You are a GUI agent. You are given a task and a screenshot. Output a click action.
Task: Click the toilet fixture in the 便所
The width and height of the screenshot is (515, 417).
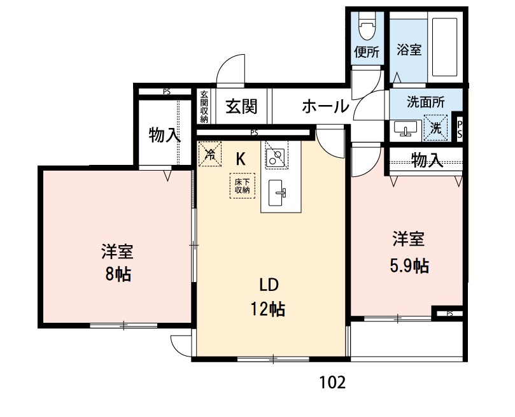pos(367,29)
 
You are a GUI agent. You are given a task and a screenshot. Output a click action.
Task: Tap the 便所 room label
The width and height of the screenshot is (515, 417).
pos(367,53)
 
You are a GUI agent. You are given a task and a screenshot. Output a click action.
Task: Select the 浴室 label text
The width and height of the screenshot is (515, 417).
pos(409,49)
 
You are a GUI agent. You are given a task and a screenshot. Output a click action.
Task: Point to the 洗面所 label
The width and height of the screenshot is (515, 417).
pos(425,101)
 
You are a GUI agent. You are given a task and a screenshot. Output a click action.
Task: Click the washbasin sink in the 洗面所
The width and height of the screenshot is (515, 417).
pos(405,129)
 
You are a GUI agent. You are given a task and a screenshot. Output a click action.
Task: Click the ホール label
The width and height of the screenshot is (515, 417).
pos(325,106)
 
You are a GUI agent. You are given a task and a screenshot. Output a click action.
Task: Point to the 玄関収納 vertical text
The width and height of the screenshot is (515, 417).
pos(204,106)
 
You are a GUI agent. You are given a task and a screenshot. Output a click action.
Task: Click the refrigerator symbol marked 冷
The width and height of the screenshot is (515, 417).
pos(209,153)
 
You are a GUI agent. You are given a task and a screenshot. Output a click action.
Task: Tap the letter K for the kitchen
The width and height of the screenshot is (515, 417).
pos(241,159)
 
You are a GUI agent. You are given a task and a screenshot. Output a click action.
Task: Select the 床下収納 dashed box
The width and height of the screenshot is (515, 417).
pos(242,186)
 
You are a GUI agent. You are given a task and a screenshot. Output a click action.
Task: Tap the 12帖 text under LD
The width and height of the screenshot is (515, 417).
pos(267,309)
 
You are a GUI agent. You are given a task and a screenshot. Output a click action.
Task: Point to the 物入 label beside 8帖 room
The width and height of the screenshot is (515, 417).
pos(164,135)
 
